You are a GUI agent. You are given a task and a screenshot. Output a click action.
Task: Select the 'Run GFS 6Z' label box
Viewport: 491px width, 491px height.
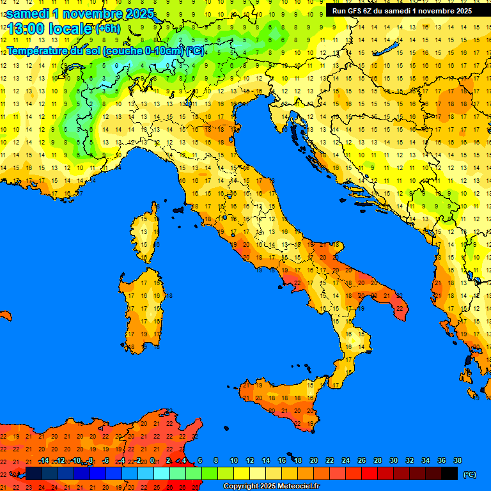click(401, 10)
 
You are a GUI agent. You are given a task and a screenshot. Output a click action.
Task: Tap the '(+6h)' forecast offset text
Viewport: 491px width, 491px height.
click(107, 29)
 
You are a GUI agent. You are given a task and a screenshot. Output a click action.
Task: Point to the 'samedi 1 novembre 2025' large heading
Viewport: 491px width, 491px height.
click(80, 13)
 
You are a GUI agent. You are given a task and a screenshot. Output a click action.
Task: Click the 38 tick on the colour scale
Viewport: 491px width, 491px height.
click(457, 460)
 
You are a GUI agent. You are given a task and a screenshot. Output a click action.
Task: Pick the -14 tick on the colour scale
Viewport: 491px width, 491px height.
click(44, 460)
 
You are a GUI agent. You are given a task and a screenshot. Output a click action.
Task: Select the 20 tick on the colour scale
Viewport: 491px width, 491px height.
click(314, 460)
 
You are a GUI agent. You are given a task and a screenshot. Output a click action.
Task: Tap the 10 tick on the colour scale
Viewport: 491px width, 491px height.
click(234, 460)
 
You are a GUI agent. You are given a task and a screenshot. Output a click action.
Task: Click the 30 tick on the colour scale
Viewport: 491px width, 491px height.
click(393, 460)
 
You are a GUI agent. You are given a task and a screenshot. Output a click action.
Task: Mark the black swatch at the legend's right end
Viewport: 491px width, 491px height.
click(449, 473)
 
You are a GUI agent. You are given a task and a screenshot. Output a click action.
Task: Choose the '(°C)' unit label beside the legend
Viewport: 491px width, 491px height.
click(469, 474)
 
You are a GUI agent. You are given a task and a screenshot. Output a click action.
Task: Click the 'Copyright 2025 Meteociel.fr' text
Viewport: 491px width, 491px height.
click(271, 487)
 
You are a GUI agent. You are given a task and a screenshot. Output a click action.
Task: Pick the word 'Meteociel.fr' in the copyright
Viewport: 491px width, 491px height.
click(296, 487)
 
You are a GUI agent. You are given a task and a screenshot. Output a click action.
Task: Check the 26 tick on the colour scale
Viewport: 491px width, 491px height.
click(362, 460)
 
